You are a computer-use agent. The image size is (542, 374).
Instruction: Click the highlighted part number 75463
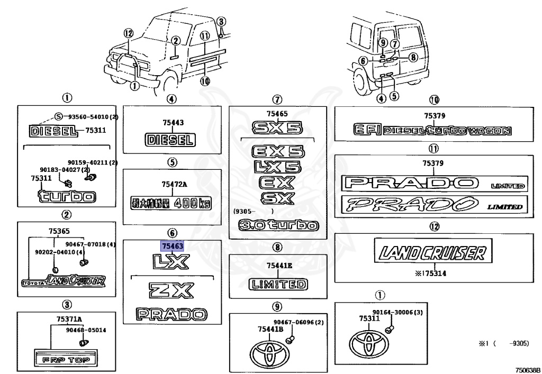pos(173,246)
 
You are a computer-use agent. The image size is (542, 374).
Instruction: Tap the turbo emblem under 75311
pos(67,197)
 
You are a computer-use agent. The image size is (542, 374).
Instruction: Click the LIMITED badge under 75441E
pos(278,284)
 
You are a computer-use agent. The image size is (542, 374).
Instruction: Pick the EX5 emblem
pos(278,152)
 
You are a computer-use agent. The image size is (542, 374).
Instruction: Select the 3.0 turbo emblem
pos(278,226)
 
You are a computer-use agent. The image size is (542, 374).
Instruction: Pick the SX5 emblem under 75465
pos(277,127)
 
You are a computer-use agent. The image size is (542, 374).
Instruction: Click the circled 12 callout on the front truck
pos(127,33)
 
